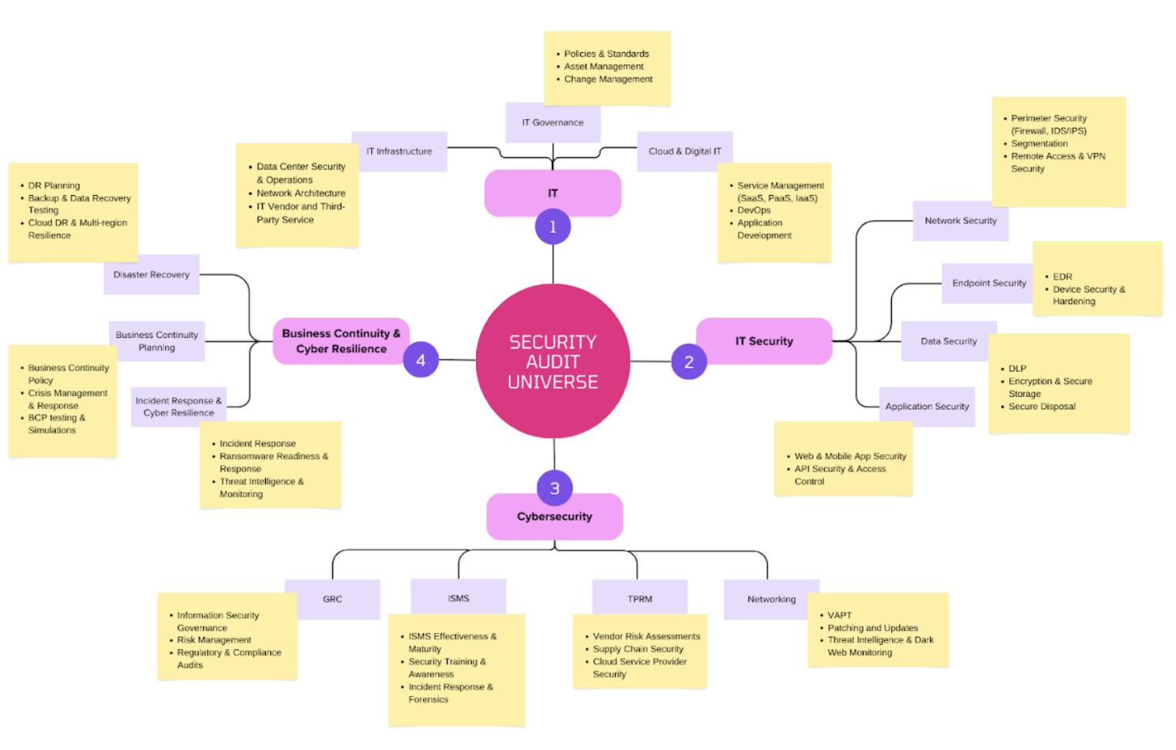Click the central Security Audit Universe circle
(x=552, y=362)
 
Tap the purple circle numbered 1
(x=552, y=227)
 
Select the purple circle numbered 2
(x=689, y=362)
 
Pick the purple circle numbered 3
(x=555, y=488)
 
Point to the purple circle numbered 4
(x=421, y=361)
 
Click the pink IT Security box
(x=764, y=341)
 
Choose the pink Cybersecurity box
(x=554, y=516)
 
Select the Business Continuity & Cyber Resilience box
(x=341, y=341)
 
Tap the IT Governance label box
(x=552, y=122)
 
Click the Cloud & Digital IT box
(x=684, y=152)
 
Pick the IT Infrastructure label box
(x=399, y=152)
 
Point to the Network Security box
(x=961, y=221)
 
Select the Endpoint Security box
(x=989, y=283)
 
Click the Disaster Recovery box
(x=152, y=275)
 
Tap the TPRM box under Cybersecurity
(x=640, y=599)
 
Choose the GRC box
(x=332, y=599)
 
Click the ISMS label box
(x=459, y=598)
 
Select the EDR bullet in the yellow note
(x=1062, y=277)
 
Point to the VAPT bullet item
(x=839, y=615)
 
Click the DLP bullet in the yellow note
(x=1017, y=369)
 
